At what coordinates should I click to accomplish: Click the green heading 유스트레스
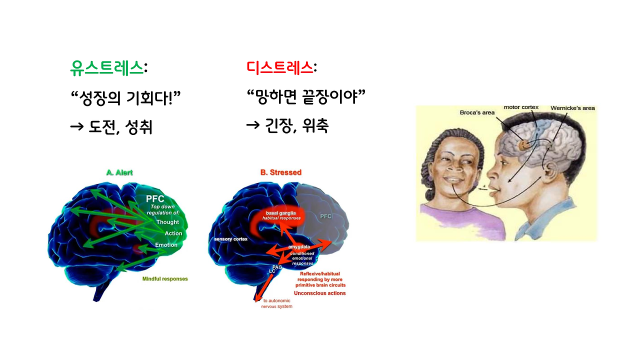pyautogui.click(x=107, y=68)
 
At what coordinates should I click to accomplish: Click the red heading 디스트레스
pyautogui.click(x=280, y=68)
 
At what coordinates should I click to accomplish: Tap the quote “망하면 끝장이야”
pyautogui.click(x=306, y=97)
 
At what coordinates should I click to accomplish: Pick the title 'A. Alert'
pyautogui.click(x=119, y=172)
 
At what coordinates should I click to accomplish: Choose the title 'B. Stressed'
pyautogui.click(x=280, y=172)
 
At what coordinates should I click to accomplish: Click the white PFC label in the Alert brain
pyautogui.click(x=154, y=199)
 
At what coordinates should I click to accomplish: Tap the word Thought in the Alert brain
pyautogui.click(x=167, y=222)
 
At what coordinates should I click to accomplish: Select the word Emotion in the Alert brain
pyautogui.click(x=166, y=245)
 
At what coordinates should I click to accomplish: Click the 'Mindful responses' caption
pyautogui.click(x=165, y=279)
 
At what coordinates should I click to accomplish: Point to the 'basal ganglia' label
pyautogui.click(x=280, y=213)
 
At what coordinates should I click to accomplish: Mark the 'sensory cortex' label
pyautogui.click(x=230, y=239)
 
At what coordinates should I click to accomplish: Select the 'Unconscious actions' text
pyautogui.click(x=319, y=293)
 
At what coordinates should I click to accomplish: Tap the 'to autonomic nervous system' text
pyautogui.click(x=277, y=303)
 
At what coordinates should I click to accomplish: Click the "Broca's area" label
pyautogui.click(x=477, y=112)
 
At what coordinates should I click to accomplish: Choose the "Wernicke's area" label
pyautogui.click(x=572, y=108)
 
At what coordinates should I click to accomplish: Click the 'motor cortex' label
pyautogui.click(x=520, y=107)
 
